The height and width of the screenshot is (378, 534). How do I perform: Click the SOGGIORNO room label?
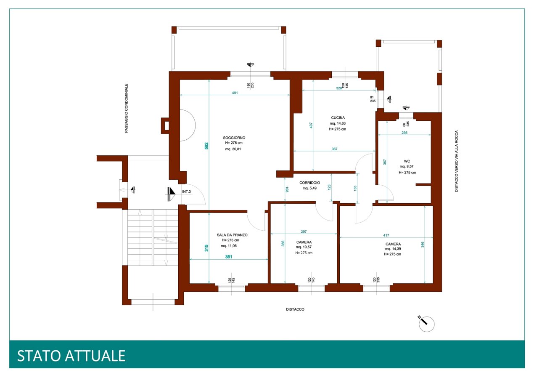click(234, 138)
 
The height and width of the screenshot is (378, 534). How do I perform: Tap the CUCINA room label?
click(338, 117)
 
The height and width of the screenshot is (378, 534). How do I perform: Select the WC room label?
click(407, 161)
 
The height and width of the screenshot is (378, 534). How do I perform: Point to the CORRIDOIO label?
click(309, 183)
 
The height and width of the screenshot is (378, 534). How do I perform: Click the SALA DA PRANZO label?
click(232, 235)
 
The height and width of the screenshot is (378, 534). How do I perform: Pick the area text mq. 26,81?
click(233, 149)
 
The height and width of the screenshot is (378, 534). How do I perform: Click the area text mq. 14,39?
click(393, 249)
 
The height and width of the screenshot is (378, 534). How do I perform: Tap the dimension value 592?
click(206, 146)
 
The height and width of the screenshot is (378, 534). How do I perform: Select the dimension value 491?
click(235, 93)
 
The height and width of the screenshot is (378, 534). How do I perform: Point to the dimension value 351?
click(229, 257)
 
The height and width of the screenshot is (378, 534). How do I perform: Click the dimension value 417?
click(386, 235)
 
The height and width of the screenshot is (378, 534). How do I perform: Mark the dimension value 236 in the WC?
click(404, 133)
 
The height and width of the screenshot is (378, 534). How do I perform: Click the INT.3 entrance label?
click(186, 192)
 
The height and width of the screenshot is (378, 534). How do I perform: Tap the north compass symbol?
click(426, 323)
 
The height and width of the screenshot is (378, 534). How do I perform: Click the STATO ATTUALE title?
click(71, 356)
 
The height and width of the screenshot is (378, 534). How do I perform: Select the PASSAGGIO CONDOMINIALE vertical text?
click(126, 108)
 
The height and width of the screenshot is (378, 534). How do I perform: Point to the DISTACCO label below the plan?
click(295, 309)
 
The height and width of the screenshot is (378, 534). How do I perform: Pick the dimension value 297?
click(304, 232)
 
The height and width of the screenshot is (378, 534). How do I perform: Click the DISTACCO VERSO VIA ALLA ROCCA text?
click(456, 161)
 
